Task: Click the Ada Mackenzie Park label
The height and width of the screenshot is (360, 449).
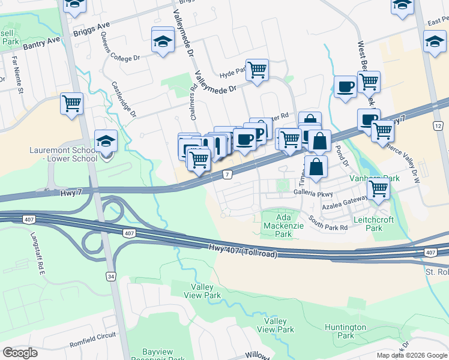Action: tap(283, 223)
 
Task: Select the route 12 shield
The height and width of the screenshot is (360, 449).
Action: tap(437, 126)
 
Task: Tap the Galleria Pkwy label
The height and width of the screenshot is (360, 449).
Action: tap(313, 194)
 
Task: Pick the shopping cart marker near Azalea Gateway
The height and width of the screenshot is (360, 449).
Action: tap(378, 188)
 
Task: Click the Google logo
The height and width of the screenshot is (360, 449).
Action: tap(20, 352)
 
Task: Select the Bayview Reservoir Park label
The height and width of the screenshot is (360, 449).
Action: tap(155, 355)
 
